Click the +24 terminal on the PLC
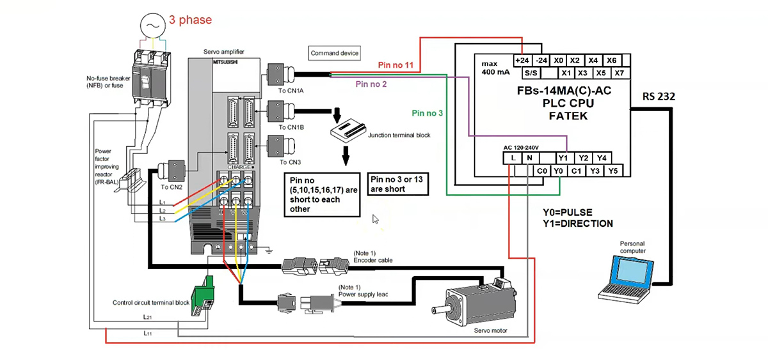click(522, 61)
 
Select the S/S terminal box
click(531, 73)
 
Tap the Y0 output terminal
click(558, 171)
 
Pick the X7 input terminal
click(620, 73)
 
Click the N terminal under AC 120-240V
click(530, 158)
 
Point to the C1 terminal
click(576, 171)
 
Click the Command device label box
click(334, 53)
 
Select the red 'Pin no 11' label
click(396, 65)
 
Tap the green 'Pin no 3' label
click(428, 113)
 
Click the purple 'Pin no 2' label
click(371, 84)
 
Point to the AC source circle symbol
click(152, 26)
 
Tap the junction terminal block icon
click(348, 130)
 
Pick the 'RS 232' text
click(659, 96)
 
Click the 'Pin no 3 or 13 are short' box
click(397, 184)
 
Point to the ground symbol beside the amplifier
click(269, 251)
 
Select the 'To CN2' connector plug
click(172, 171)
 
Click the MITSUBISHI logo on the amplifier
click(225, 62)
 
